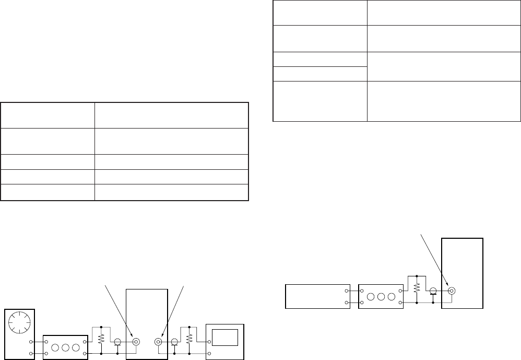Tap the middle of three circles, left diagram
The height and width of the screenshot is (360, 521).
click(65, 347)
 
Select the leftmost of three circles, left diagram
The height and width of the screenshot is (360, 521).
click(54, 347)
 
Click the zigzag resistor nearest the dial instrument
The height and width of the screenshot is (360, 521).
click(101, 339)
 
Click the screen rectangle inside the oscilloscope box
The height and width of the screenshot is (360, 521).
click(226, 338)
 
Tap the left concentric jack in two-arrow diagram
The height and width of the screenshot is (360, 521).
click(136, 342)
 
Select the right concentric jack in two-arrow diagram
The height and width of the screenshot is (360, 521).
click(158, 342)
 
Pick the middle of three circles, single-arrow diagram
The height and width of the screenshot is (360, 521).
click(381, 297)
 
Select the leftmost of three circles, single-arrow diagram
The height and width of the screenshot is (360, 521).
click(370, 297)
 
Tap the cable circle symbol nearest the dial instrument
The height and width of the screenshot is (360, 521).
click(118, 342)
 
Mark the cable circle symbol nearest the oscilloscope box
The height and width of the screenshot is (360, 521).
click(174, 342)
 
